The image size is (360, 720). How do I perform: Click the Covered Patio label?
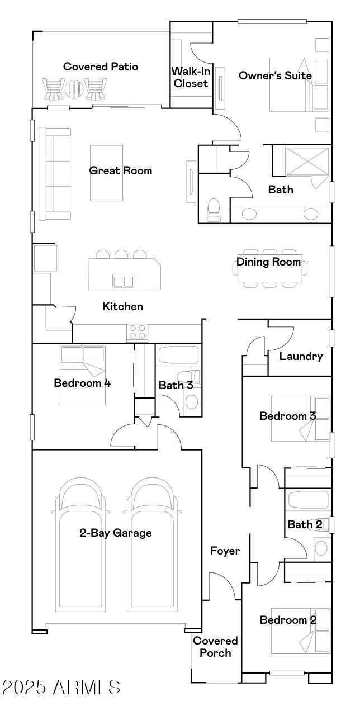(101, 67)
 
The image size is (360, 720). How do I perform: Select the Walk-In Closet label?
(190, 77)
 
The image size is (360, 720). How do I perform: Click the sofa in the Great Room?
(54, 173)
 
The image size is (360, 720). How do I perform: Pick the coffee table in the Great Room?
(106, 173)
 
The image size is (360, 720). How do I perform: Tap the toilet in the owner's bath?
(214, 210)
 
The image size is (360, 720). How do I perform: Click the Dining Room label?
(268, 262)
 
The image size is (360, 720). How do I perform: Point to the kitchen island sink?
(123, 281)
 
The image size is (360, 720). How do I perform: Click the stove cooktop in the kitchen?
(137, 333)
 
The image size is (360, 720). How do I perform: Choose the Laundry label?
(301, 356)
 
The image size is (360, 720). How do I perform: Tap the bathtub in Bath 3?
(178, 356)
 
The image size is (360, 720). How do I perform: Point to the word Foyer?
(225, 551)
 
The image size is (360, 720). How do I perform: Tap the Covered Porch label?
(215, 646)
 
